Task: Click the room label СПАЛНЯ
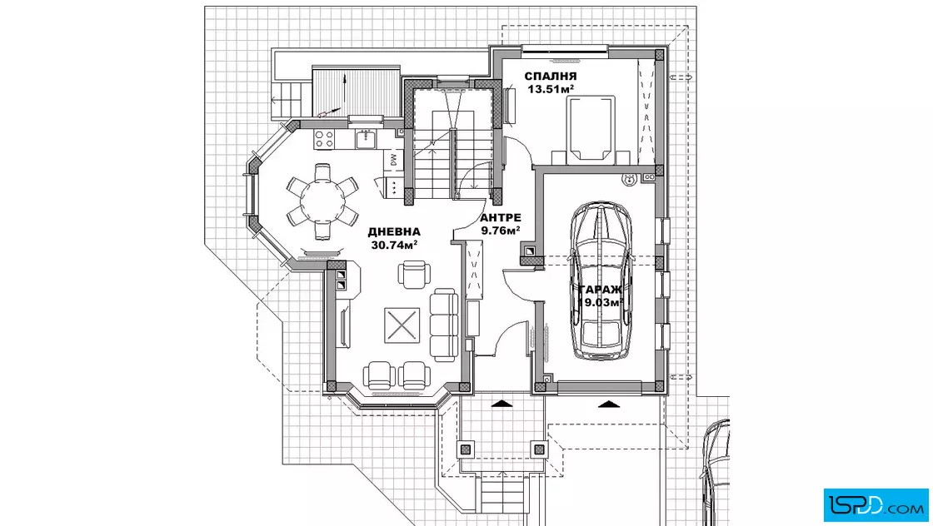(550, 76)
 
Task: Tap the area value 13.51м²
(551, 89)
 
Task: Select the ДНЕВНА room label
(394, 232)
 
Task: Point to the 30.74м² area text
(394, 245)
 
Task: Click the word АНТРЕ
(501, 217)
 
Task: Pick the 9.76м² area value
(501, 231)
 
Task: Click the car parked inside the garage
(601, 280)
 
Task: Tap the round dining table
(322, 201)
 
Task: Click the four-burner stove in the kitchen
(324, 140)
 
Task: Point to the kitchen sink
(365, 139)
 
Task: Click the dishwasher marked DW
(393, 159)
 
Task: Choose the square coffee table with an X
(402, 325)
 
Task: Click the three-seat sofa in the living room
(444, 325)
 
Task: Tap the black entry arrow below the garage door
(609, 404)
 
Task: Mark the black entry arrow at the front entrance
(503, 404)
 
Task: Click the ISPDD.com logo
(876, 505)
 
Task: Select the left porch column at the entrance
(466, 449)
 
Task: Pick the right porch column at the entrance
(538, 449)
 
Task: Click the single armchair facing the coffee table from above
(413, 274)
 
